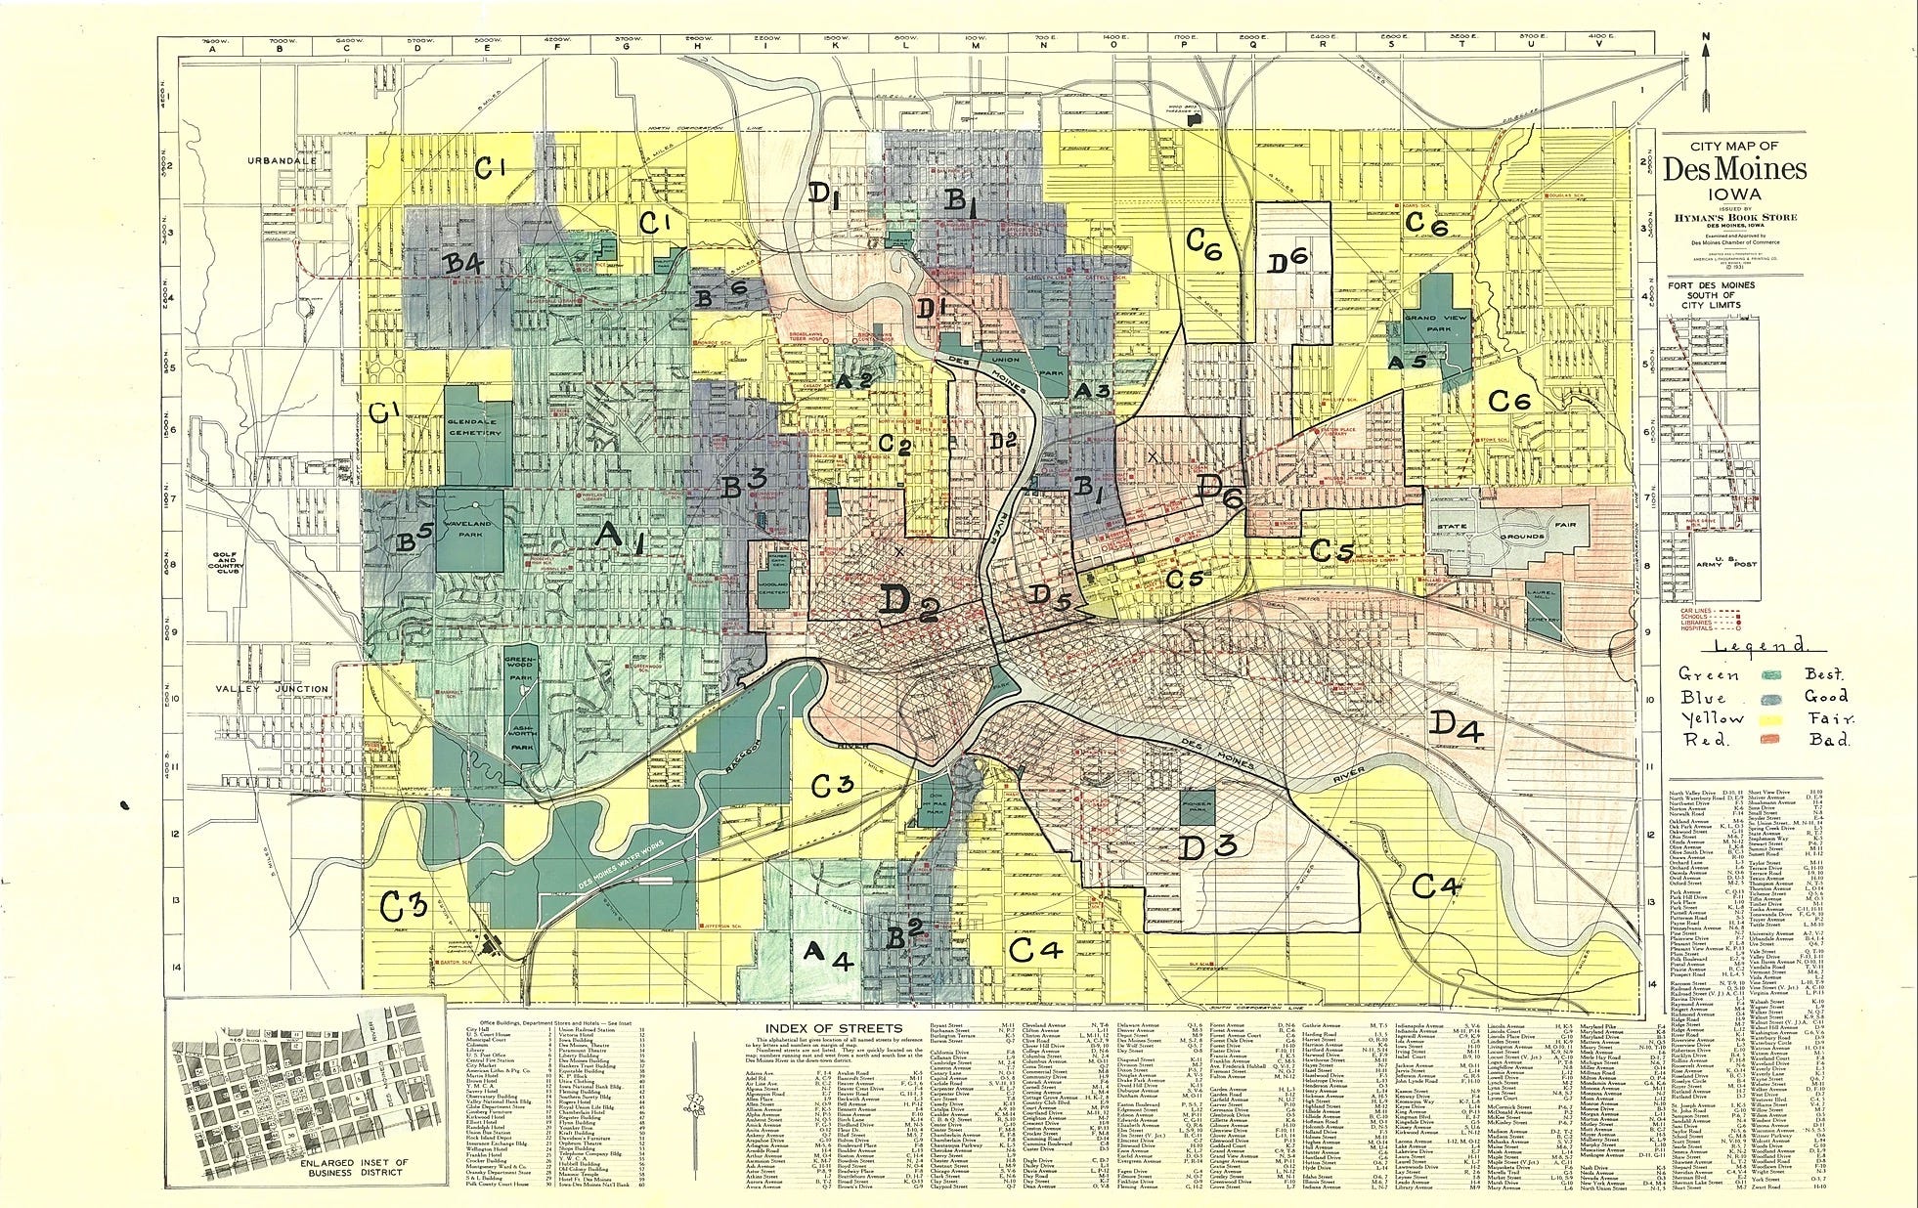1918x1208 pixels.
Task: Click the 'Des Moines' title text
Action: [x=1735, y=169]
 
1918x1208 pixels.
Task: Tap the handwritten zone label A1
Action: [x=620, y=538]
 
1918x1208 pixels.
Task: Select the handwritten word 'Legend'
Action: [x=1756, y=646]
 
